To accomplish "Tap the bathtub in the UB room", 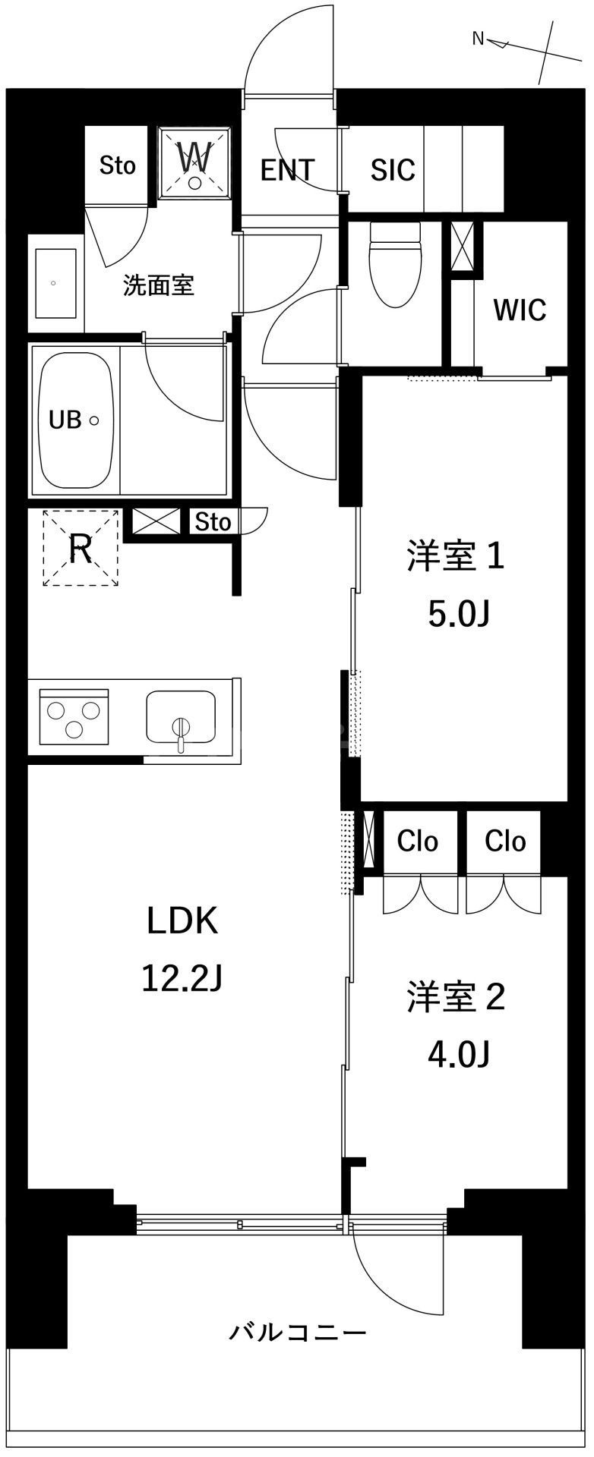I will (76, 420).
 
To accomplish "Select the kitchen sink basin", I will (180, 718).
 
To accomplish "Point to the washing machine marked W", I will (194, 162).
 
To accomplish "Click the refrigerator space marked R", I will (81, 549).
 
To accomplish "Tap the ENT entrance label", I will (287, 170).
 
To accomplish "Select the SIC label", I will (393, 170).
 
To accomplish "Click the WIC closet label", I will (520, 310).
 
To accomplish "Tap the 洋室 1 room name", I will (456, 557).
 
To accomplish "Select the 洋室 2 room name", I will (456, 997).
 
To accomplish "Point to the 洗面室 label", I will (159, 285).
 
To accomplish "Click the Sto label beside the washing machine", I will (118, 165).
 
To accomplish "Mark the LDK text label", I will (182, 920).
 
